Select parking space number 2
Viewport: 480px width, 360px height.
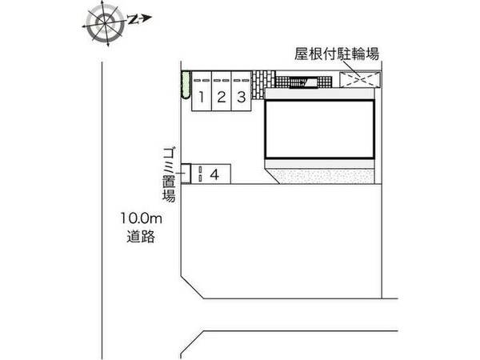[x=221, y=98]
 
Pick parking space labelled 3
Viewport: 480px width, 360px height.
[x=239, y=98]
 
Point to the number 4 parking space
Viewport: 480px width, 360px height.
[x=214, y=173]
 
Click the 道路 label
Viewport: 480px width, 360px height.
[x=140, y=236]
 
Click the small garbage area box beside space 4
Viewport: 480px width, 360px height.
[x=185, y=173]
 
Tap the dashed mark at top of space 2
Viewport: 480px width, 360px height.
[x=221, y=80]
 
